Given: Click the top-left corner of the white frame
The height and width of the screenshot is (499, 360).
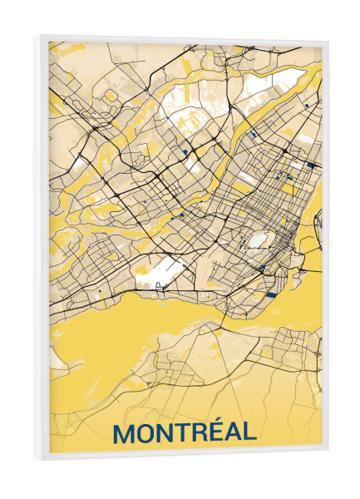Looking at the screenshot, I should [37, 35].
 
